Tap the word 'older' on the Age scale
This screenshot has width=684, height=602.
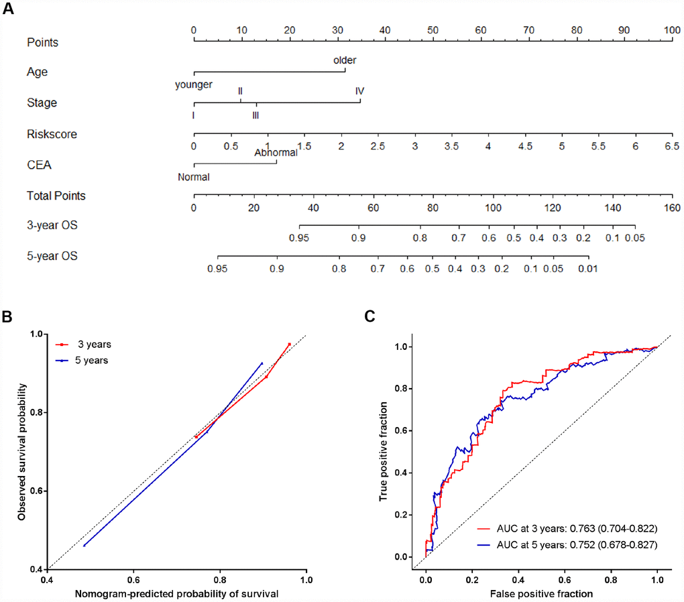click(x=345, y=60)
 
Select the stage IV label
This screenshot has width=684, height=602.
click(x=360, y=91)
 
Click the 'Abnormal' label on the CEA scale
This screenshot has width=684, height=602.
click(x=276, y=153)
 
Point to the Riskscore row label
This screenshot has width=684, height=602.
click(x=52, y=134)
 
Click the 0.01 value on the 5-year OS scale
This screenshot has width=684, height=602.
click(x=588, y=268)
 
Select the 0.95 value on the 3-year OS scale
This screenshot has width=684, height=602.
click(x=299, y=238)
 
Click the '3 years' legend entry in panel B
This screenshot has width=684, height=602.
click(x=95, y=345)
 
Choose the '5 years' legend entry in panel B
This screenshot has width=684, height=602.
click(x=95, y=360)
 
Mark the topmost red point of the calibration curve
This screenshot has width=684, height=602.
click(x=289, y=345)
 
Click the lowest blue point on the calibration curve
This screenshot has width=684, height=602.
click(x=84, y=546)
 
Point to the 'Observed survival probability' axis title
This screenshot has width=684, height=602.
click(x=22, y=452)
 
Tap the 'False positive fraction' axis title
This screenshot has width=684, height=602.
click(x=542, y=593)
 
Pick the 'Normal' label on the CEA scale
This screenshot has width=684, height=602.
click(x=194, y=178)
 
